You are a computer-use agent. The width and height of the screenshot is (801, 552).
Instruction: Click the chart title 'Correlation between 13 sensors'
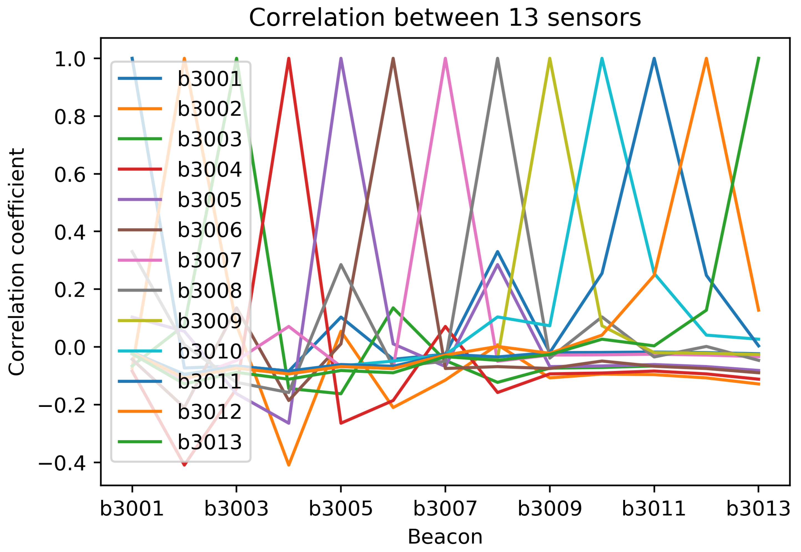tap(445, 18)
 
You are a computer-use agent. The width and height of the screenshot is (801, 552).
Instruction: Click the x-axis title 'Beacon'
tap(445, 537)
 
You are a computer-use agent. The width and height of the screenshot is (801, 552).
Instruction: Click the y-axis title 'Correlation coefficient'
tap(17, 262)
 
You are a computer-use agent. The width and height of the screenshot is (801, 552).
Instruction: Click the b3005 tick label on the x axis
tap(341, 508)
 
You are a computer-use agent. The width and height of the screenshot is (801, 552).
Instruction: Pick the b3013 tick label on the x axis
tap(758, 508)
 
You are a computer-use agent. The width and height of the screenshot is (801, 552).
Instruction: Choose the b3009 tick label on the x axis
tap(550, 508)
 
